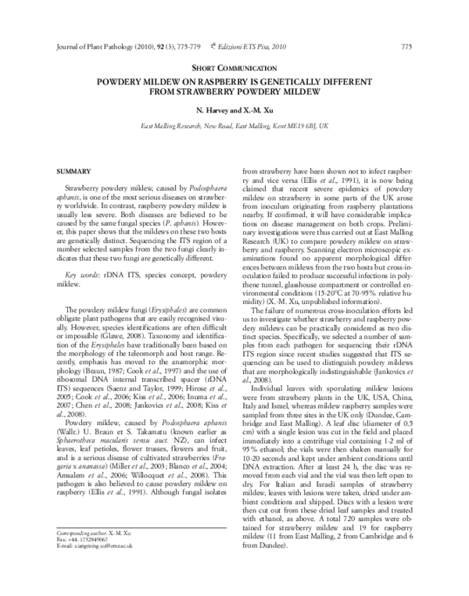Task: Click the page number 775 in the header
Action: [x=406, y=46]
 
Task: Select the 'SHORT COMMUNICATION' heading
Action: [x=234, y=70]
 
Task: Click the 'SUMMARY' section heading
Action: [x=74, y=170]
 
